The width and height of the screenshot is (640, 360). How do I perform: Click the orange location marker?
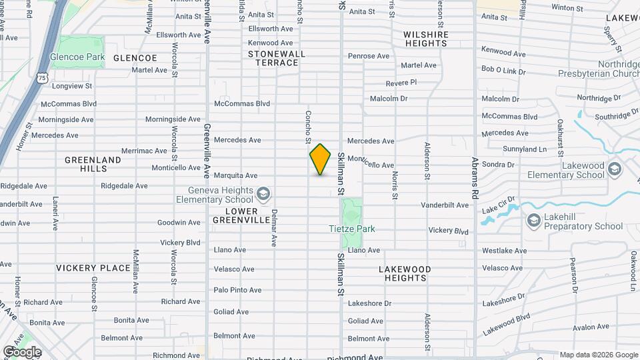pyautogui.click(x=320, y=159)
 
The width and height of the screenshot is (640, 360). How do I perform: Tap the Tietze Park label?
pyautogui.click(x=352, y=229)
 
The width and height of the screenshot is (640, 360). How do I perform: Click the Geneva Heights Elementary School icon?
pyautogui.click(x=264, y=194)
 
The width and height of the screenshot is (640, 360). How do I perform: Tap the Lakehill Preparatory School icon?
pyautogui.click(x=533, y=221)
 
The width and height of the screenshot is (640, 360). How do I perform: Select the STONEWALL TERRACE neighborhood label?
pyautogui.click(x=277, y=58)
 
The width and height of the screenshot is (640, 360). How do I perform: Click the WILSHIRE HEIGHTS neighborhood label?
pyautogui.click(x=425, y=39)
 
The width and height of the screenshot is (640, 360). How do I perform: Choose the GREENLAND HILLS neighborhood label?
pyautogui.click(x=93, y=164)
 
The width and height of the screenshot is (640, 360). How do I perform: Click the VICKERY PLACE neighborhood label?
pyautogui.click(x=93, y=268)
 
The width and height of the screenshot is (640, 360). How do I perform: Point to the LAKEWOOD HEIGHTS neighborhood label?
pyautogui.click(x=405, y=273)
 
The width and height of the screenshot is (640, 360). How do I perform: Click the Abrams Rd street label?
pyautogui.click(x=475, y=181)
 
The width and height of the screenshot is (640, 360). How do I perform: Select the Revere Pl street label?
pyautogui.click(x=401, y=83)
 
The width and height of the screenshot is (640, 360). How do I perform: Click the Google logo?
pyautogui.click(x=22, y=351)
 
